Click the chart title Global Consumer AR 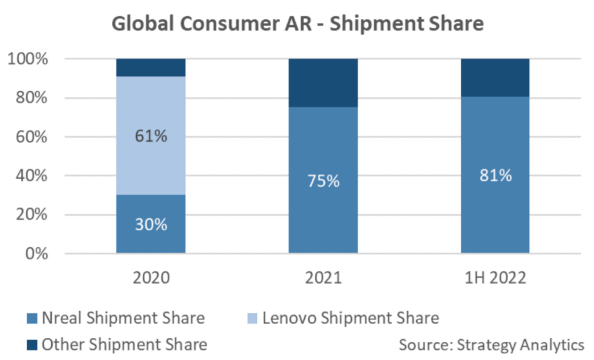[297, 24]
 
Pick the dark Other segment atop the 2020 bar [151, 68]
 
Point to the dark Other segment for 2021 [323, 82]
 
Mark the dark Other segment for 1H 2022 [495, 77]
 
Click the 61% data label [151, 135]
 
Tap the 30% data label [151, 224]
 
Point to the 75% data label [323, 181]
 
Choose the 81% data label [495, 175]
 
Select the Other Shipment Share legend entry [118, 345]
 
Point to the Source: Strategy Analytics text [491, 345]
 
